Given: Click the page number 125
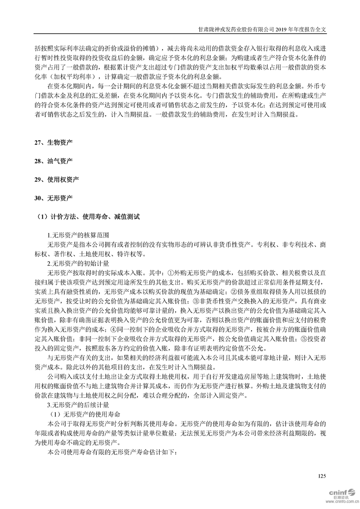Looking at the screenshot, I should [x=322, y=476].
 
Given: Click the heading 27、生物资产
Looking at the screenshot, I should [x=53, y=142].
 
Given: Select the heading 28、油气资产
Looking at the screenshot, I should [x=53, y=161].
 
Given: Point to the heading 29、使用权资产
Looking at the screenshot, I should [x=56, y=180].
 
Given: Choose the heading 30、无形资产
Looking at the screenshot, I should [x=53, y=198].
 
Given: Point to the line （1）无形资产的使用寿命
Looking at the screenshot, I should [x=84, y=413].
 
